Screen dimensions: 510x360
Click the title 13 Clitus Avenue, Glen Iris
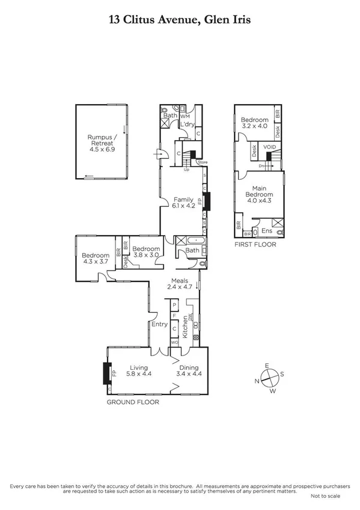point(180,20)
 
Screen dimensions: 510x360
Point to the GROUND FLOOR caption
point(133,402)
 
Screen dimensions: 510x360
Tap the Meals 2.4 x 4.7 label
point(180,284)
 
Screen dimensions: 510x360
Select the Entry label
point(159,324)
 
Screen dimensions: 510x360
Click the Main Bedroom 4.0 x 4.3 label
point(258,194)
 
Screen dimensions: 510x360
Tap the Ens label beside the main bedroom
point(267,230)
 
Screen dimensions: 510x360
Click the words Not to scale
point(325,496)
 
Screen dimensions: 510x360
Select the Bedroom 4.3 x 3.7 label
point(94,259)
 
